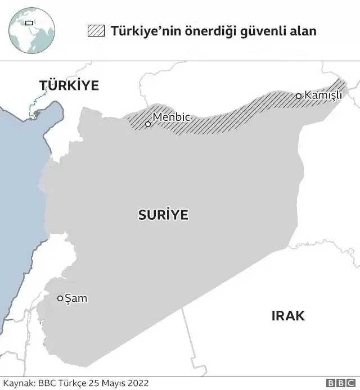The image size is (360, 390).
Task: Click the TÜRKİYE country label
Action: click(69, 85)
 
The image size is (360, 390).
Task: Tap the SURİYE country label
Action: click(163, 214)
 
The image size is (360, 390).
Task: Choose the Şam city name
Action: click(76, 298)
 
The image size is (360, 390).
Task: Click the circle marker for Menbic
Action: click(148, 124)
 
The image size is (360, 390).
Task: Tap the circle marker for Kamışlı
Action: click(299, 96)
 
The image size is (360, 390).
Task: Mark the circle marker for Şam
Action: click(60, 298)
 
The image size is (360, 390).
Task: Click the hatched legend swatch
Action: click(96, 31)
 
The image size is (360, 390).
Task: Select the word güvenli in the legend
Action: click(261, 31)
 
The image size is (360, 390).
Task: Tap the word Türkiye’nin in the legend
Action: click(142, 31)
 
